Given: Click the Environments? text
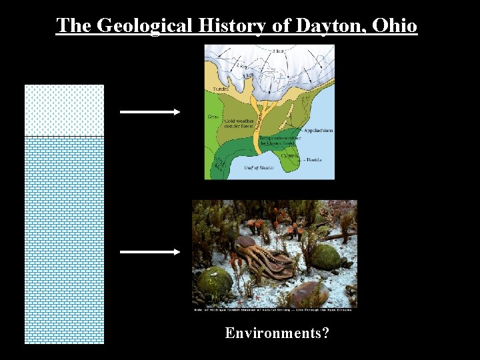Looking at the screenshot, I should coord(277,333).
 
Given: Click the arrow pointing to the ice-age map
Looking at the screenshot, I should coord(150,112).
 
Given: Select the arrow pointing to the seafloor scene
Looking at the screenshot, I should coord(150,252).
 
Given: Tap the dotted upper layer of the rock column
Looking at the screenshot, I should coord(64,110).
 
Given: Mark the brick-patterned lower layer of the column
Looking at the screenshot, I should coord(64,240).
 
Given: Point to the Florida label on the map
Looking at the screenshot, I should coord(315,160).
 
